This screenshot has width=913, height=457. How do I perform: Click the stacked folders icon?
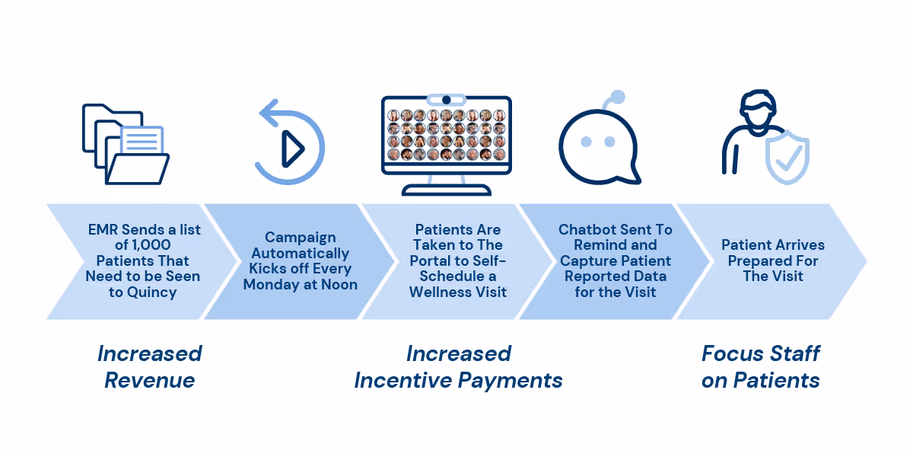[126, 144]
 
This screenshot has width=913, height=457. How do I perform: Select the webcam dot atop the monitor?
[447, 100]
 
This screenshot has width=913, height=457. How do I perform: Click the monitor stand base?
[447, 190]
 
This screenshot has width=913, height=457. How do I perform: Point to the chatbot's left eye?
[586, 142]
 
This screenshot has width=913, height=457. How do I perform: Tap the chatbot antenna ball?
[618, 97]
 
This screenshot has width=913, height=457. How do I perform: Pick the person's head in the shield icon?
[757, 110]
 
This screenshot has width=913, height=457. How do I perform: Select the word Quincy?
[151, 292]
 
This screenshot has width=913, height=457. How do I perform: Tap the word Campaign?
[301, 238]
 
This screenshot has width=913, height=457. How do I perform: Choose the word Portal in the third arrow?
[430, 260]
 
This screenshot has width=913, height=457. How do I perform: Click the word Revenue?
[150, 380]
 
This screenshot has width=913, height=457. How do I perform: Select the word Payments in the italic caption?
[510, 381]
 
